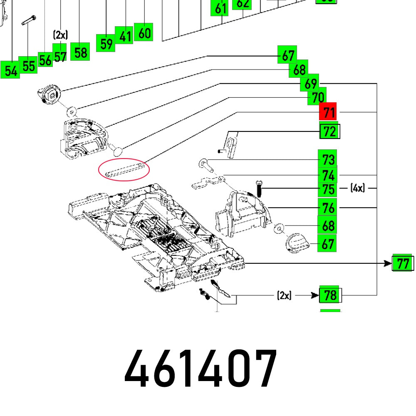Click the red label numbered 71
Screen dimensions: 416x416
(x=329, y=112)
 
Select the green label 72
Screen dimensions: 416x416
(x=329, y=132)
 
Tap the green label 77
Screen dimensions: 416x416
(x=403, y=263)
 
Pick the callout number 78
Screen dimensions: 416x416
(x=329, y=295)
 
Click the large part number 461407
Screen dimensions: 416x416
(x=201, y=368)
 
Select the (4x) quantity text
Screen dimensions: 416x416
(x=357, y=188)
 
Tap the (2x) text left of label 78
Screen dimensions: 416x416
(x=284, y=295)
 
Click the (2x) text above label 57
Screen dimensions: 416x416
(x=60, y=35)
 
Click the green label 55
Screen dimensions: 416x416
(x=29, y=66)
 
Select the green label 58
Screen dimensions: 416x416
(x=80, y=52)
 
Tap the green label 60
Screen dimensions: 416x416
(x=144, y=32)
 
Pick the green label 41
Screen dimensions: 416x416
(x=125, y=36)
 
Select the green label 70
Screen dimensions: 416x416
(x=317, y=97)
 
